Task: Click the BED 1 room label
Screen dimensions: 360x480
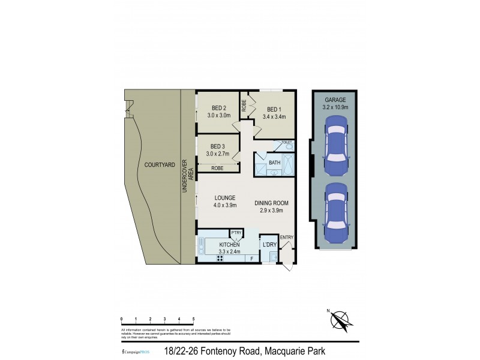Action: (x=274, y=109)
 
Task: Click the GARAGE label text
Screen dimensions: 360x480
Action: (x=335, y=100)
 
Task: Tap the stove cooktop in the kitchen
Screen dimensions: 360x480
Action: (x=220, y=258)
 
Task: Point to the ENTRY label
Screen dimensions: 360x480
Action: (x=286, y=238)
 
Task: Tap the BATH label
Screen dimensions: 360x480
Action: (x=274, y=163)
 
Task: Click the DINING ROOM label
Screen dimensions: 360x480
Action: (x=271, y=203)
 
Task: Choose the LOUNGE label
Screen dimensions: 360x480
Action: (x=225, y=198)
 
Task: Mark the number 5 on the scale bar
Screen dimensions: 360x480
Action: (x=193, y=319)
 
